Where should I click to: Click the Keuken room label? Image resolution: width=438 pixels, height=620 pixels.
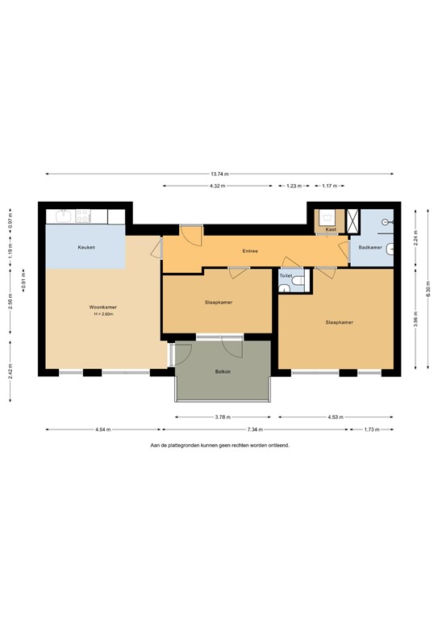coord(86,247)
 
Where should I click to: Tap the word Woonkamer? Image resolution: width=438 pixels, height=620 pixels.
coord(103,308)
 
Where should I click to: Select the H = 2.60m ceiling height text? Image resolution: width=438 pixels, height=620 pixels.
coord(103,314)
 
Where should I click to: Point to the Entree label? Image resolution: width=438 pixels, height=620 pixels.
coord(250,251)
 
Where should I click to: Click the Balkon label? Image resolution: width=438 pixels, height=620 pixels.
coord(223,371)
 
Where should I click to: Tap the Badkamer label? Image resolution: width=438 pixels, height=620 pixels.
coord(370,247)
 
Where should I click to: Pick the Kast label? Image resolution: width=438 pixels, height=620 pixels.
coord(331,230)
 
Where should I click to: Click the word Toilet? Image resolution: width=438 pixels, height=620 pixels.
coord(286,275)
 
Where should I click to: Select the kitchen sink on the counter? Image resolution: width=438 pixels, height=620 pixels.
coord(61,216)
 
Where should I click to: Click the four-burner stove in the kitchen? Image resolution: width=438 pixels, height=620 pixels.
coord(82,216)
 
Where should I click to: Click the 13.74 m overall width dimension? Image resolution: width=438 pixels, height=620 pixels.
coord(219,174)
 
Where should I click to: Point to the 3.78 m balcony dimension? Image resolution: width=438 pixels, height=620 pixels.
coord(223,417)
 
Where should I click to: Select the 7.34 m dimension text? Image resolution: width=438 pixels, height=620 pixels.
coord(257,429)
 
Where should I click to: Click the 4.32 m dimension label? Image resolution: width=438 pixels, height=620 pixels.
coord(217,186)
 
